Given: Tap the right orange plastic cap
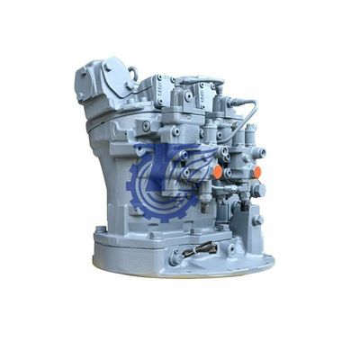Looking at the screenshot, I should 256,171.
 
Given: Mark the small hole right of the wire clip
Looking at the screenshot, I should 231,248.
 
